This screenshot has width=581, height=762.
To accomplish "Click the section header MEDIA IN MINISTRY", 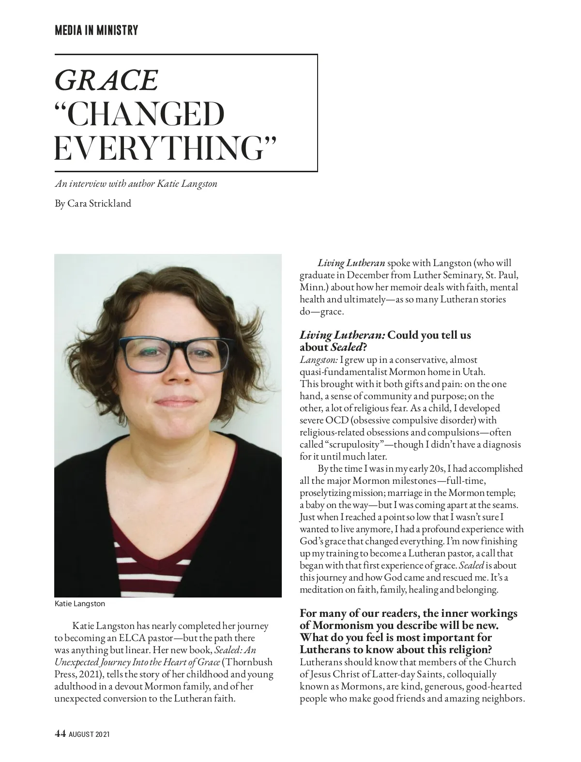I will coord(96,30).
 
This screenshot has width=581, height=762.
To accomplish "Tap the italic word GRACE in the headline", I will coord(106,80).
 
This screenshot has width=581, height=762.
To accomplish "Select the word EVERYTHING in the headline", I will coord(165,149).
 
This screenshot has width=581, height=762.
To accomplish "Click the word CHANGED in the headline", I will coord(139,115).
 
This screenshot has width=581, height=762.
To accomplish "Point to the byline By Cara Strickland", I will coord(93,204).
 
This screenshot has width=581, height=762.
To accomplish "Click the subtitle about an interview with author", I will coord(136,184).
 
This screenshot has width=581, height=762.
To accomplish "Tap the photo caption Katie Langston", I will coord(79,604).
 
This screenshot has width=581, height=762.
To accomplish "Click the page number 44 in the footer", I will coord(60,734).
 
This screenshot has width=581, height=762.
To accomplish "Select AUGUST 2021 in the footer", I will coord(89,734).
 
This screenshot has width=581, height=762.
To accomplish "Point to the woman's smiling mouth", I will coord(174,401).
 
